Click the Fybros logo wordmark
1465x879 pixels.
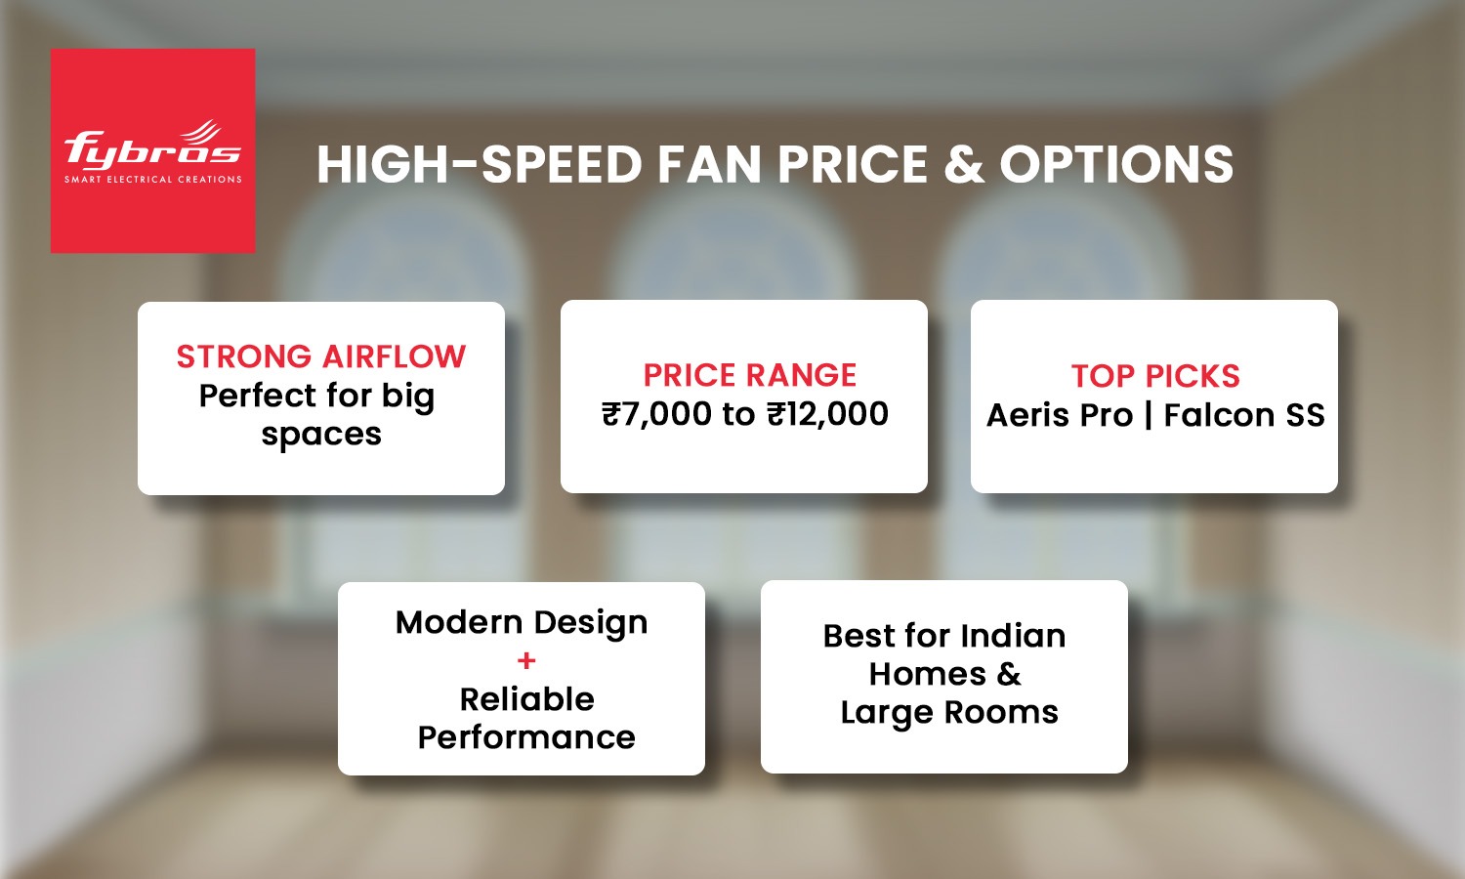[152, 149]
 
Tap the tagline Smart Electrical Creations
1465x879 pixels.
[152, 180]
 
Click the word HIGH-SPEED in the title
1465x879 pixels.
[479, 164]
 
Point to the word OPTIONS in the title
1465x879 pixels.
[1116, 164]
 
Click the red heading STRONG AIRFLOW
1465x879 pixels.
[321, 356]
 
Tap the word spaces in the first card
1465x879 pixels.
[321, 435]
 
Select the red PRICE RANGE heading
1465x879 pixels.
[749, 375]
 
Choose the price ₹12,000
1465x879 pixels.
[827, 414]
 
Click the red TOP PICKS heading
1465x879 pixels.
[1155, 376]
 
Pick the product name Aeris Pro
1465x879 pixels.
[1059, 415]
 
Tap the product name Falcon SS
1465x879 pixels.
[1244, 415]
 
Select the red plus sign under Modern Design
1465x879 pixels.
[526, 661]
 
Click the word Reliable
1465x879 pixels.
[526, 699]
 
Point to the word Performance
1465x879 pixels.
[526, 737]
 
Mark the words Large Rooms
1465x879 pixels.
[948, 713]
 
